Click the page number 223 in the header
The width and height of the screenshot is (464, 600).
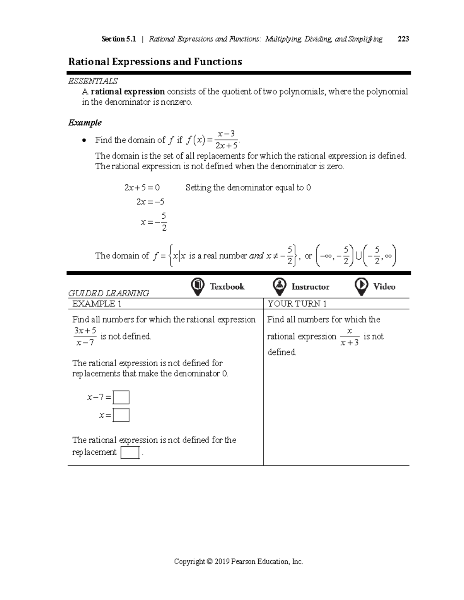pos(403,39)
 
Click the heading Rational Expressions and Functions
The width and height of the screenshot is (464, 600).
pos(155,62)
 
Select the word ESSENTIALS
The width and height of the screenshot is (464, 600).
pos(93,81)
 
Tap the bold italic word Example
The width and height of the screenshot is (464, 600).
pos(85,123)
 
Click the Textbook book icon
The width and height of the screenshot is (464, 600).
pos(198,286)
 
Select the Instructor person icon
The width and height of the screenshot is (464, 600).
pos(279,286)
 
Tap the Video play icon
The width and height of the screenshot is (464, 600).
pos(361,286)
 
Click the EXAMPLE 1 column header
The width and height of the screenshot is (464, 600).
pos(97,304)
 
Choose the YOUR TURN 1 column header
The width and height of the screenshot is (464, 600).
pos(297,304)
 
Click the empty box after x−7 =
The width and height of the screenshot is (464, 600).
pos(121,398)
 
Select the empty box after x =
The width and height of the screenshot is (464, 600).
pos(121,415)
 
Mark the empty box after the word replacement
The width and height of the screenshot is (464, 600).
pos(130,452)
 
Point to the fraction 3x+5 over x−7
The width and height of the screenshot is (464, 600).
pos(85,337)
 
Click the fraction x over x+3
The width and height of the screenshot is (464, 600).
pos(350,337)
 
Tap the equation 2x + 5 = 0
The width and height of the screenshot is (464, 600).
pos(142,188)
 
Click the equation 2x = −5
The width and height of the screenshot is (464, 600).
pos(150,202)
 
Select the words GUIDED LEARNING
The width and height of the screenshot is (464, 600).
pos(109,293)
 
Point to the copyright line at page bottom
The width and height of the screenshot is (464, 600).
pos(239,562)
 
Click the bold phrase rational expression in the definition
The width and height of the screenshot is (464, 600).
pos(128,92)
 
